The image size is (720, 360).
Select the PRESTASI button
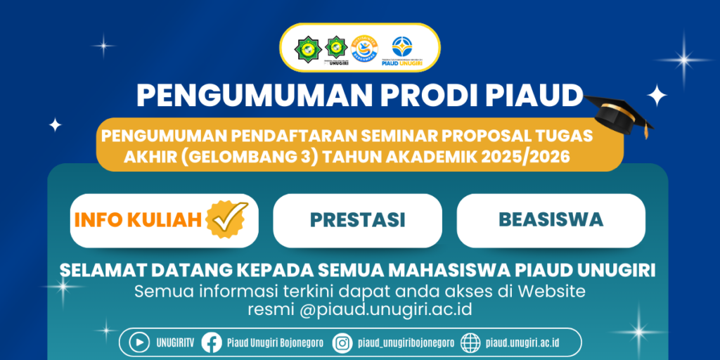[357, 220]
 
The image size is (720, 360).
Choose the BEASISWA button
[551, 219]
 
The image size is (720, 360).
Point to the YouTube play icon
[140, 342]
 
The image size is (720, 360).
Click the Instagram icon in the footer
[342, 342]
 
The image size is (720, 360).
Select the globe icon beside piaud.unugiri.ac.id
[471, 342]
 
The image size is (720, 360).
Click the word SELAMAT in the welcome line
[101, 271]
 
